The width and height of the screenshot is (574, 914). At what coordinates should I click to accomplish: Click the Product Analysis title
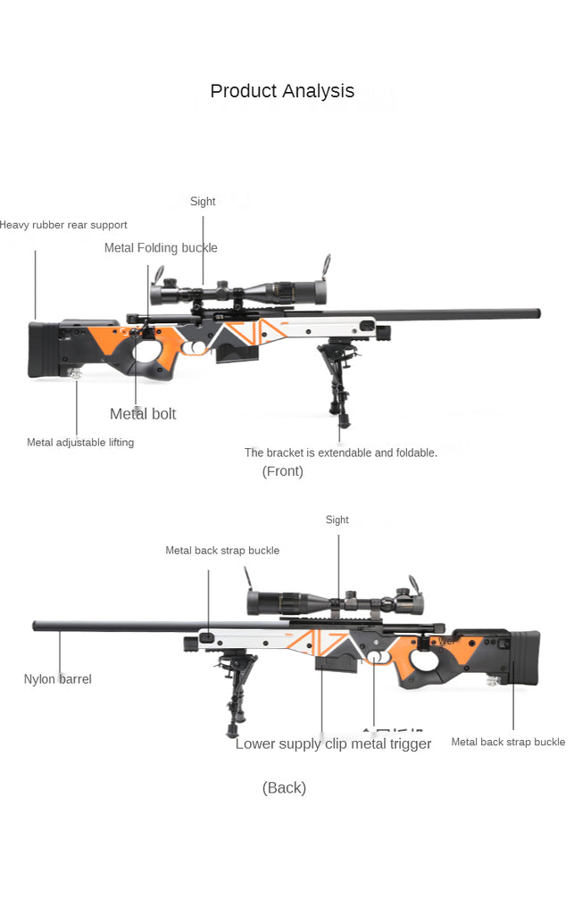[282, 91]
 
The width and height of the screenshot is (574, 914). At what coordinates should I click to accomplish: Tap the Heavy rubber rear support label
[63, 225]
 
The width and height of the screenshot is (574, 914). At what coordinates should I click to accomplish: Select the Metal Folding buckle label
[161, 248]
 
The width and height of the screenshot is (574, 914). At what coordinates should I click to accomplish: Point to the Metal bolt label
[143, 413]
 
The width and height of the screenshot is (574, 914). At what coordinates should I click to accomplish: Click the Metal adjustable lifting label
[80, 443]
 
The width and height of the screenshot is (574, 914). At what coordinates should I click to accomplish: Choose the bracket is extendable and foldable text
[341, 453]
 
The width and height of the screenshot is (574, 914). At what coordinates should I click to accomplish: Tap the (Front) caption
[282, 471]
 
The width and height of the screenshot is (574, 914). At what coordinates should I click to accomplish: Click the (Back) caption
[284, 787]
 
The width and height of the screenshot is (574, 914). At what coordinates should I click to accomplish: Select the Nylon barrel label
[57, 679]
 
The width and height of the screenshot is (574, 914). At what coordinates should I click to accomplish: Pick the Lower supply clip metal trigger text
[333, 744]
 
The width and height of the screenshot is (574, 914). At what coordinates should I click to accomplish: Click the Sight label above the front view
[203, 202]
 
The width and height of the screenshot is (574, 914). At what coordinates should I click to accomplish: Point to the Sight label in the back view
[337, 519]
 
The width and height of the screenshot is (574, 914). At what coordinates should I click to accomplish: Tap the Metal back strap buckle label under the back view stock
[508, 742]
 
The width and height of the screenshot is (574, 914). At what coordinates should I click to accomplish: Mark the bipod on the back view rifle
[234, 683]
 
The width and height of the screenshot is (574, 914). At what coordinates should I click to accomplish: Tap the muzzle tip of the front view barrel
[538, 313]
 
